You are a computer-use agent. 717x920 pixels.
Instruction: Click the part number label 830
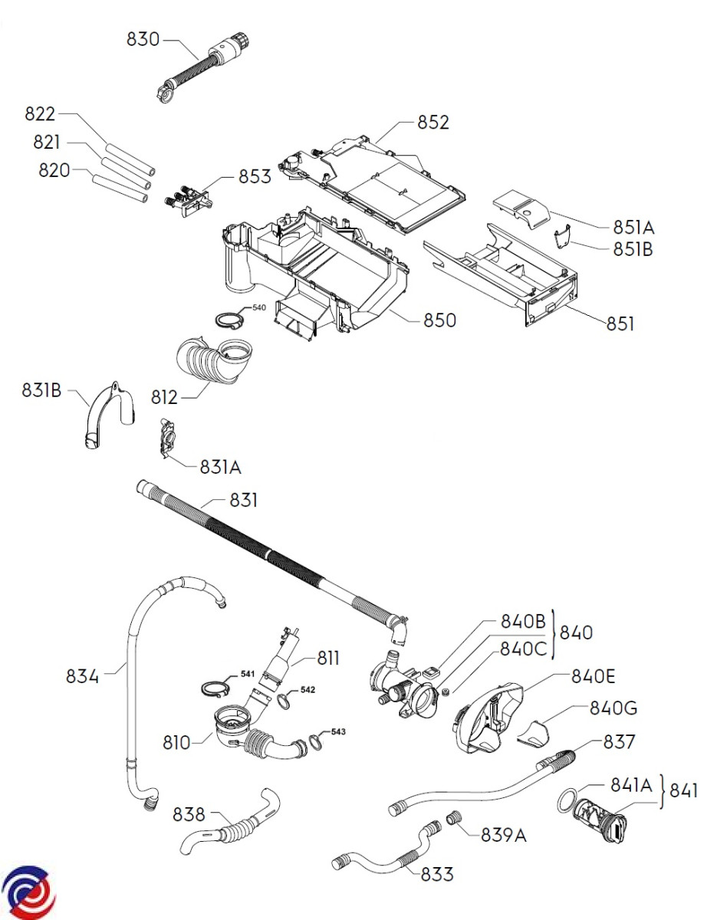tap(143, 39)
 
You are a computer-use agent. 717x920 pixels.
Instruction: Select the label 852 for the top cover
tap(433, 123)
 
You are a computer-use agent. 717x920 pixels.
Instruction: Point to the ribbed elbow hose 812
tap(214, 360)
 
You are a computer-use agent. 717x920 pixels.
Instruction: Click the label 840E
tap(593, 676)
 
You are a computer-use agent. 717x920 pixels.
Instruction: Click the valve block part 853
tap(187, 200)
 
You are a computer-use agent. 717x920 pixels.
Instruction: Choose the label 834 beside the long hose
tap(82, 676)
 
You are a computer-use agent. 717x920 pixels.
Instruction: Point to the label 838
tap(189, 814)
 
